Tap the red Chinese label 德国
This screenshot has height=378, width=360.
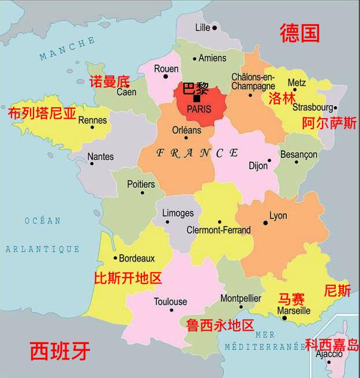[299, 33]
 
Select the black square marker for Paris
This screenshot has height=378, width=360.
[197, 99]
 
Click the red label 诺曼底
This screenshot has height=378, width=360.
[110, 81]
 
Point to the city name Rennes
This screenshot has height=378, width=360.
[92, 120]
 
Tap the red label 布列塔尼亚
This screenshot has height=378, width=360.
[42, 112]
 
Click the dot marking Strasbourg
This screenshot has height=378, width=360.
[335, 107]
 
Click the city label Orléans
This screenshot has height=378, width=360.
[186, 130]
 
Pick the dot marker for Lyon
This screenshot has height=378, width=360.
[265, 222]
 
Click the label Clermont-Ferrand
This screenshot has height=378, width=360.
[219, 230]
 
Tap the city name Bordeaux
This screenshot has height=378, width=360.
[137, 258]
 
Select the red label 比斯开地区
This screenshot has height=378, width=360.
[127, 279]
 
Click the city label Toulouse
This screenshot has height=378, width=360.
[170, 301]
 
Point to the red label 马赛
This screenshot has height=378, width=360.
[292, 298]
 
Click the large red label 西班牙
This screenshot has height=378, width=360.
[60, 350]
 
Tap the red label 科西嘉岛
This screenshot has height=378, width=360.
[332, 345]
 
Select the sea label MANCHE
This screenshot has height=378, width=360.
[68, 48]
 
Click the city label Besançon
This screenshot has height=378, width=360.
[298, 154]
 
